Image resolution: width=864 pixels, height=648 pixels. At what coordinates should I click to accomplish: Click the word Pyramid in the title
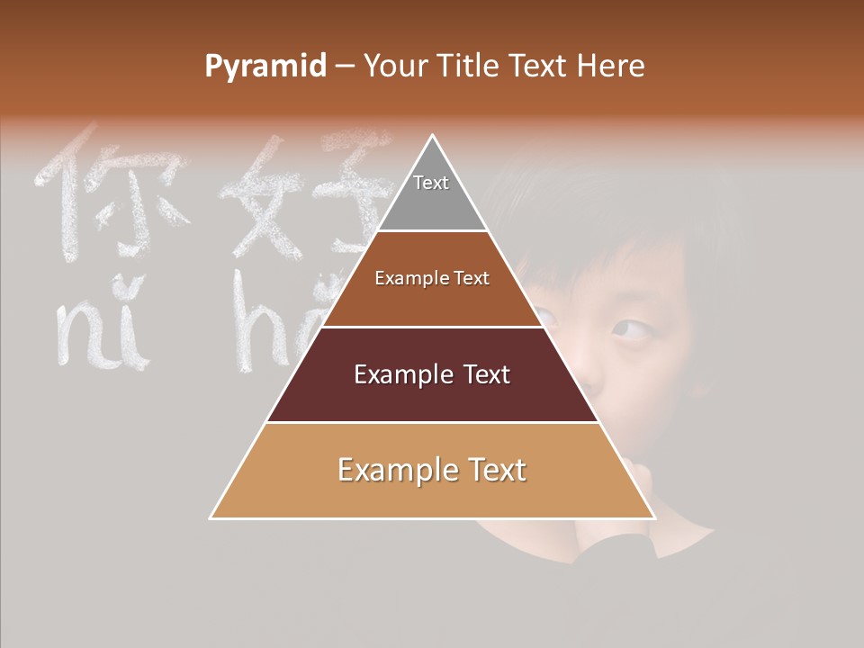pyautogui.click(x=265, y=67)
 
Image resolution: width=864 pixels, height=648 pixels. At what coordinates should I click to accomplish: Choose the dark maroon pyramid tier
pyautogui.click(x=433, y=374)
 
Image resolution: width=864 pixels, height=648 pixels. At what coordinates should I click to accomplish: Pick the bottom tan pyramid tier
pyautogui.click(x=432, y=471)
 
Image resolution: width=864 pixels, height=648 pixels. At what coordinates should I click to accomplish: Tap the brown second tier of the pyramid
pyautogui.click(x=432, y=279)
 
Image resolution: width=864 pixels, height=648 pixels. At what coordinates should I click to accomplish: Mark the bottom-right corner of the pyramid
pyautogui.click(x=653, y=517)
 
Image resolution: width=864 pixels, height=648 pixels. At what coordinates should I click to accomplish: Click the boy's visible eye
pyautogui.click(x=633, y=328)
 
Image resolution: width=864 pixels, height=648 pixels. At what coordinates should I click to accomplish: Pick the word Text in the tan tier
pyautogui.click(x=493, y=471)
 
